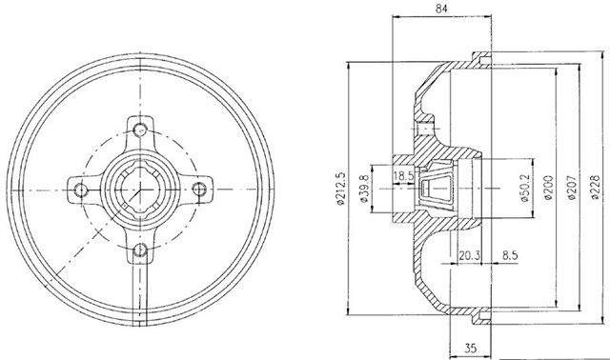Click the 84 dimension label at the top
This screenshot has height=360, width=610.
coord(441,9)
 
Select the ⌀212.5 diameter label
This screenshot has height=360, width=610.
coord(341,189)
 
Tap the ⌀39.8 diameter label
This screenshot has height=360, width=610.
coord(364,189)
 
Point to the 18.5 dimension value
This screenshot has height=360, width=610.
coord(403,176)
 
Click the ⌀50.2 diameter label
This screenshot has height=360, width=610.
coord(524,189)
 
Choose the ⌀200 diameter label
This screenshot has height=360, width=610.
coord(548,188)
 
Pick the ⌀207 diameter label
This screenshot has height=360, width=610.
coord(571,188)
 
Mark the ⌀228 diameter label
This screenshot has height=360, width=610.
coord(595,188)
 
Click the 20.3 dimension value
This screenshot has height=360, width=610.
coord(470,256)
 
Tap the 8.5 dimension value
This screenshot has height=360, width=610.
coord(510,256)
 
